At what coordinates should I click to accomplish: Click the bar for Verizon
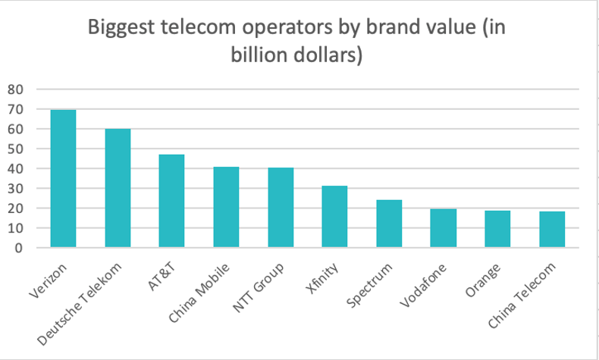[x=63, y=179]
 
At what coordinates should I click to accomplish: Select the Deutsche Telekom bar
[x=118, y=188]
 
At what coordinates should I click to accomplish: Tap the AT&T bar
[x=171, y=201]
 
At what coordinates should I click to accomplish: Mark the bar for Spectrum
[x=389, y=224]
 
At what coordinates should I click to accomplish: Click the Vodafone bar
[x=444, y=228]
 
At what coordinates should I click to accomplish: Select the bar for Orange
[x=497, y=229]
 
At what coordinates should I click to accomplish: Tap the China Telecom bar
[x=552, y=230]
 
